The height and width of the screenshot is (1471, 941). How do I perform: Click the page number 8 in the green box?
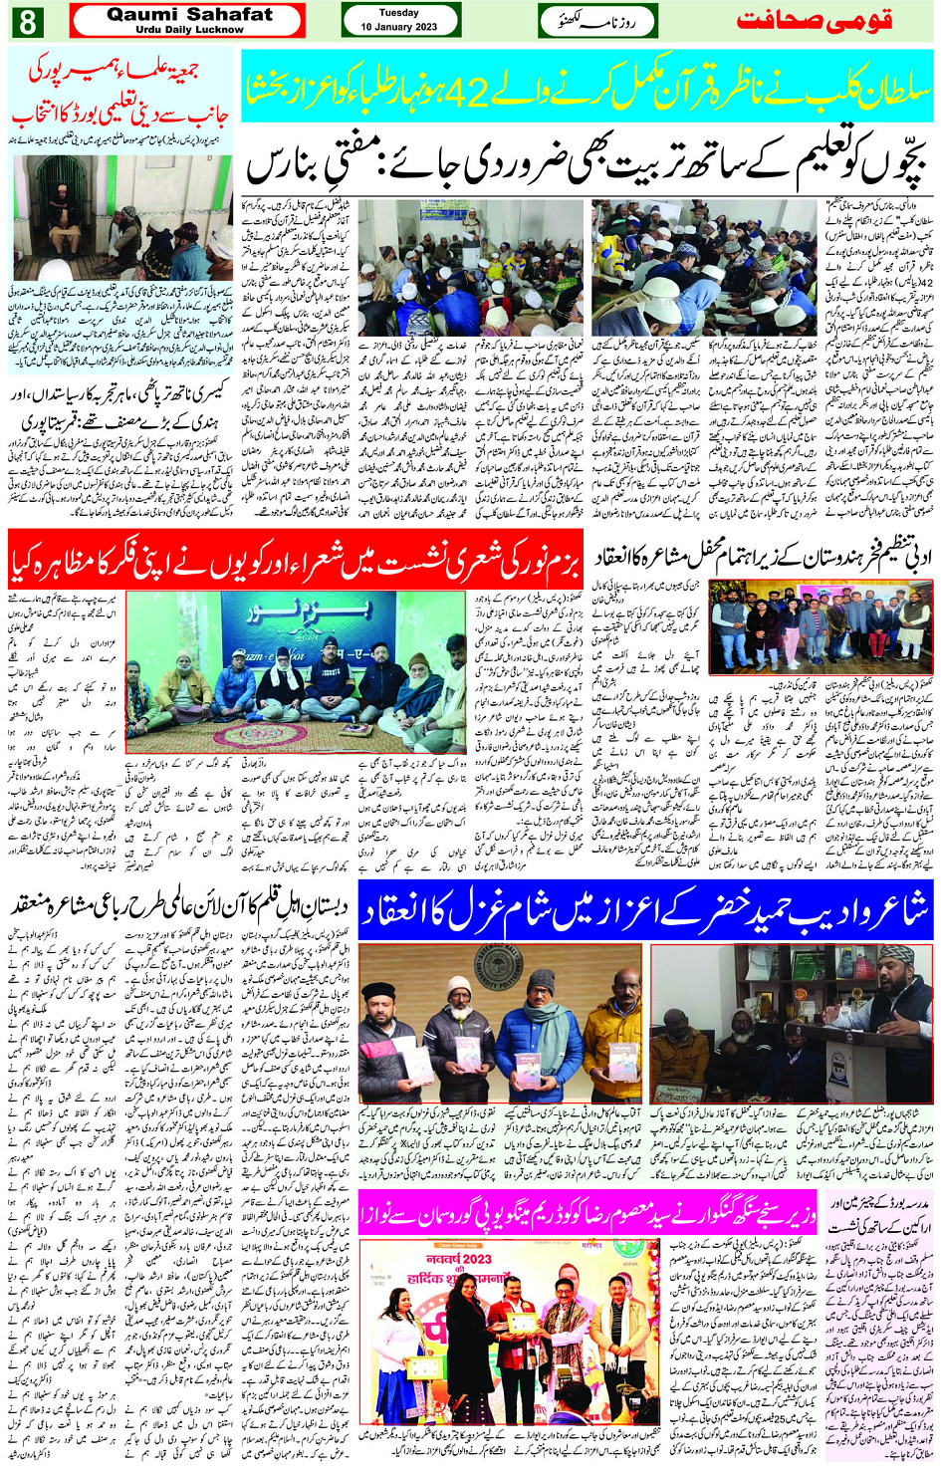coord(27,20)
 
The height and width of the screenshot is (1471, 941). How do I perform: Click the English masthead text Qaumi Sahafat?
coord(189,14)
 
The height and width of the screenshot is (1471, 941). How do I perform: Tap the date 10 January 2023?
coord(399,27)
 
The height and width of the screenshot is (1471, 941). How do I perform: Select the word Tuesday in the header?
coord(399,13)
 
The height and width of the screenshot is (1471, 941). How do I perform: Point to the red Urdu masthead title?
coord(814,20)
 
